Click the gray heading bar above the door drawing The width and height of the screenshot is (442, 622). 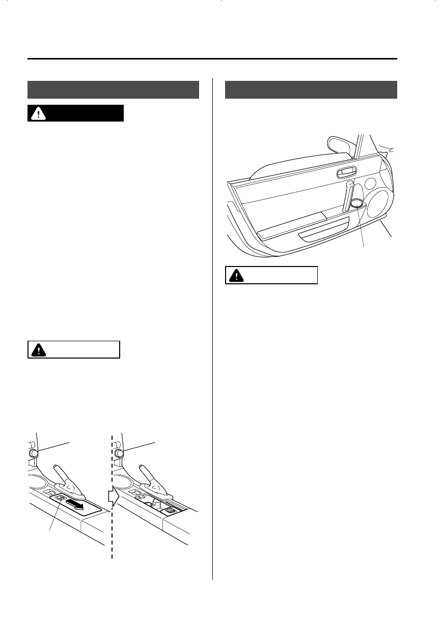pyautogui.click(x=311, y=90)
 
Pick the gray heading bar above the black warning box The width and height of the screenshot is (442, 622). pyautogui.click(x=113, y=90)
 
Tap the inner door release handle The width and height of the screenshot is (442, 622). pyautogui.click(x=346, y=173)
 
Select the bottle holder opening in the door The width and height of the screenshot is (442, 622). pyautogui.click(x=357, y=204)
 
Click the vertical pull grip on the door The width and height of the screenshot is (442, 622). pyautogui.click(x=348, y=196)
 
